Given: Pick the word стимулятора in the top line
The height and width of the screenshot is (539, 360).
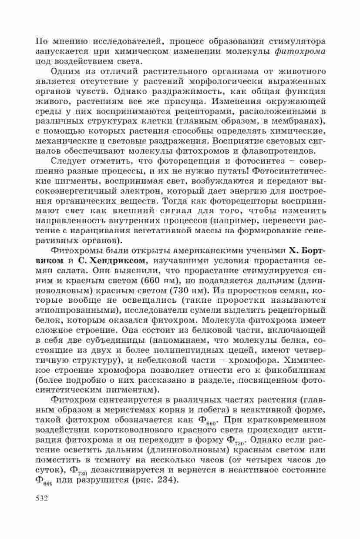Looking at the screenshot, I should [x=296, y=41].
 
